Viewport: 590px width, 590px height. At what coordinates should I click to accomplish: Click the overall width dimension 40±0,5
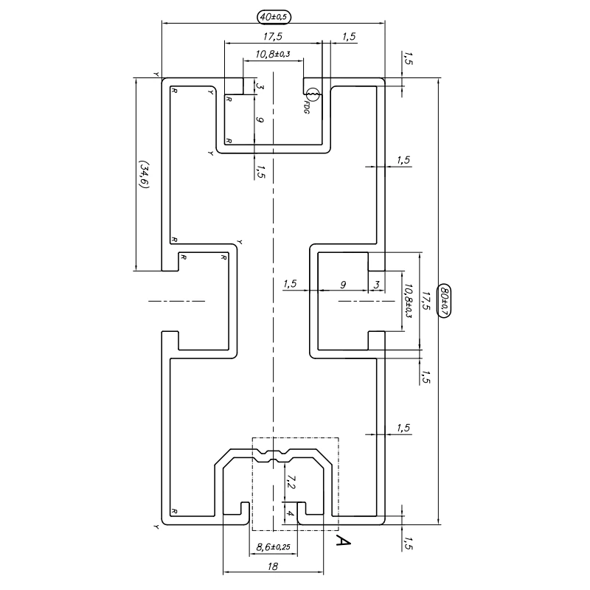tap(273, 15)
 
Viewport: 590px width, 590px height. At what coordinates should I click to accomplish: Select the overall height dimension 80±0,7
tap(444, 301)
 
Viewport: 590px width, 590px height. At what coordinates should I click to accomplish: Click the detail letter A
tap(342, 542)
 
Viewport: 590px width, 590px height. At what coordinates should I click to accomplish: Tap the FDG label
tap(307, 107)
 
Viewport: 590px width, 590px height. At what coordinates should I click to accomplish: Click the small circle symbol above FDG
tap(312, 94)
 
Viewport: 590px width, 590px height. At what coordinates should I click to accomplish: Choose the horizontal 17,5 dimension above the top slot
tap(273, 36)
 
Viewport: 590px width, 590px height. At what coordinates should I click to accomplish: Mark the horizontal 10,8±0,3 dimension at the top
tap(273, 54)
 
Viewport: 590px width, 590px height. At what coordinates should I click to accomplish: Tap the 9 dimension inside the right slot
tap(343, 284)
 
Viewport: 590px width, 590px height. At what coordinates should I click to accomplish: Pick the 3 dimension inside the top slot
tap(260, 86)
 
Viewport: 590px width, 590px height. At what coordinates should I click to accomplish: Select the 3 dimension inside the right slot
tap(376, 284)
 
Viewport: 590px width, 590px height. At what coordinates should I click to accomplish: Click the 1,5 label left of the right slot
tap(289, 284)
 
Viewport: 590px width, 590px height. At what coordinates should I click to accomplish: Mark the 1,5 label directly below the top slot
tap(260, 171)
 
